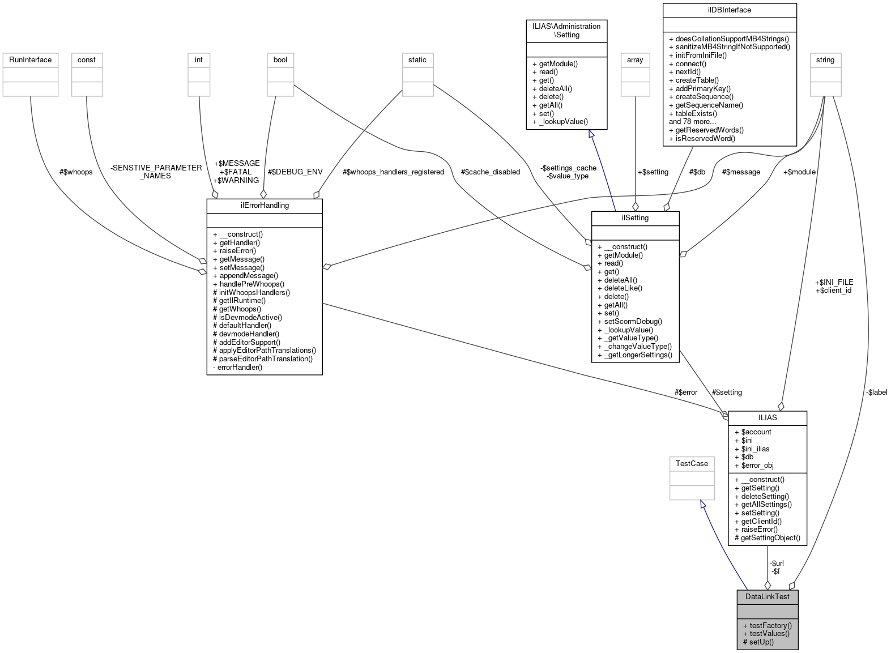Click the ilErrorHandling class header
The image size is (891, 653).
click(x=265, y=206)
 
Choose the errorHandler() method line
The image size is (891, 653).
click(x=238, y=367)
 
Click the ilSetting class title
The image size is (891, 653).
click(x=635, y=217)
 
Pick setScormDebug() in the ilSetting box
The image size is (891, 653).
click(x=630, y=321)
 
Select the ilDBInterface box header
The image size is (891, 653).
click(x=729, y=10)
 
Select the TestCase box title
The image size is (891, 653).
click(x=692, y=463)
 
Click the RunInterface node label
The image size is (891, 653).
click(x=30, y=59)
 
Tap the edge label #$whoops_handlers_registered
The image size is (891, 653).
click(x=393, y=172)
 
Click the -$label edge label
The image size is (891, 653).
click(x=876, y=392)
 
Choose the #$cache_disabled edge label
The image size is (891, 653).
click(x=490, y=172)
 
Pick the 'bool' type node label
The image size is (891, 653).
click(x=280, y=59)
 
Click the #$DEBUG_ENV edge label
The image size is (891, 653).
click(x=295, y=172)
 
